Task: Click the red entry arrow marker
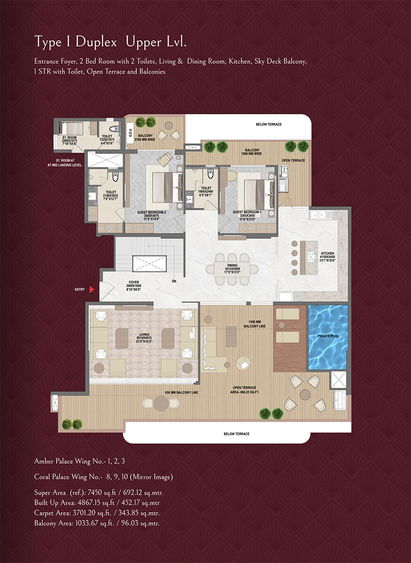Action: tap(94, 289)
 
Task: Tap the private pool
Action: tap(328, 336)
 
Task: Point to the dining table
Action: tap(233, 268)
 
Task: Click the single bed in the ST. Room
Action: tap(72, 129)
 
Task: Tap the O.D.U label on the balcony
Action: tap(130, 134)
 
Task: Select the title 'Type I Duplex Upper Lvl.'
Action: tap(110, 42)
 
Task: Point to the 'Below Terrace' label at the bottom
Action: tap(236, 434)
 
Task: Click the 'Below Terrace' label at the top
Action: tap(268, 124)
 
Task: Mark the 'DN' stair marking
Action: tap(174, 281)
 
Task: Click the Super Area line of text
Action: tap(99, 492)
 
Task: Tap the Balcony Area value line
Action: tap(97, 523)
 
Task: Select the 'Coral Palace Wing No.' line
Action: tap(103, 477)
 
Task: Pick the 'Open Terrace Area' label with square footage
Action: tap(246, 390)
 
